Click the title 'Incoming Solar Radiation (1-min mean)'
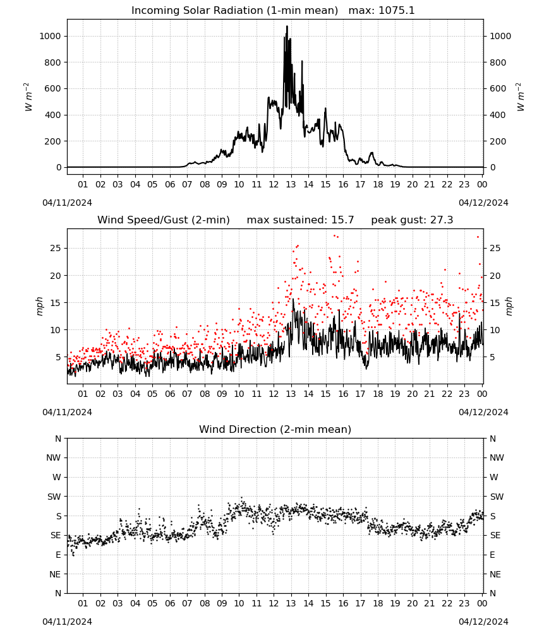[x=234, y=11]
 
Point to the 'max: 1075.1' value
[x=382, y=11]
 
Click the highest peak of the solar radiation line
[x=287, y=26]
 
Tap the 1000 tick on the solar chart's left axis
[x=50, y=36]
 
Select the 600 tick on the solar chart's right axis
[x=498, y=88]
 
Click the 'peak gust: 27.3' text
[x=412, y=220]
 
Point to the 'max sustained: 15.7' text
[x=300, y=220]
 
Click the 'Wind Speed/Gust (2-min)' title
[x=164, y=220]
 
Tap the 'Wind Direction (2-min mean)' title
[x=275, y=429]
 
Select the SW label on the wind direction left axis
[x=54, y=497]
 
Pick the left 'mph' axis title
[x=39, y=306]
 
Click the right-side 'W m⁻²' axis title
[x=521, y=97]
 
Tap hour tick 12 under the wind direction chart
[x=274, y=603]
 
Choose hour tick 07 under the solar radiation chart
[x=187, y=184]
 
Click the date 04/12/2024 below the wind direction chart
[x=483, y=622]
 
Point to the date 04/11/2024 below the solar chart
[x=67, y=203]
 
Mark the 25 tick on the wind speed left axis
[x=56, y=248]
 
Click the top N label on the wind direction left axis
[x=58, y=439]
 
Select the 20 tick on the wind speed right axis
[x=495, y=276]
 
